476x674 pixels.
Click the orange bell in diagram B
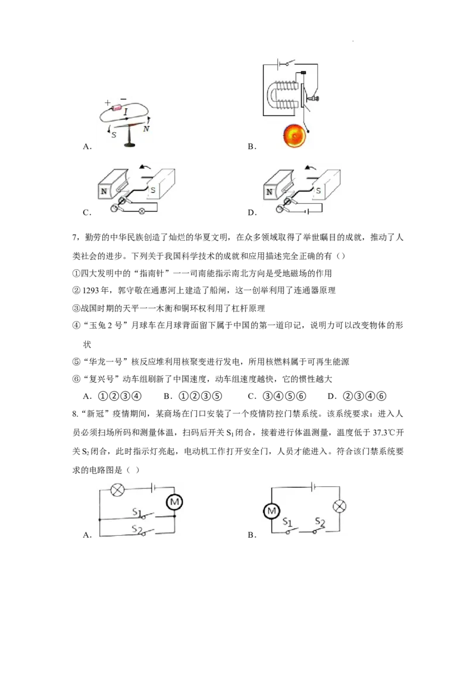click(295, 135)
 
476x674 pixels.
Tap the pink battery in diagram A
click(117, 107)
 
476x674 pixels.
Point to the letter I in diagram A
click(126, 113)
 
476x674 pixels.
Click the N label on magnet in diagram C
click(104, 191)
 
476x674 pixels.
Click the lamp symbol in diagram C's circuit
click(141, 211)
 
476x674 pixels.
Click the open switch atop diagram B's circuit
click(289, 63)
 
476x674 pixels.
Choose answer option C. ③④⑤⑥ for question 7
click(277, 397)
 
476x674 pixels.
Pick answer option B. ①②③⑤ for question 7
click(193, 397)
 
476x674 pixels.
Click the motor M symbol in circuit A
click(174, 502)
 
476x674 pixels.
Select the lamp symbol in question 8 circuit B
click(339, 506)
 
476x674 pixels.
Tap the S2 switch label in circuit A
click(137, 529)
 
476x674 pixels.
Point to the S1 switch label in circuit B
click(287, 522)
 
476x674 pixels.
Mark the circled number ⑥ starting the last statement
click(77, 379)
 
